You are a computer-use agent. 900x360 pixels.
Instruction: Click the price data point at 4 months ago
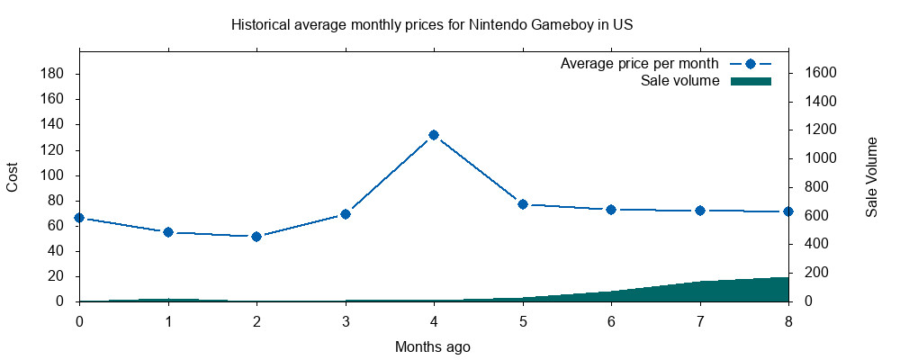pyautogui.click(x=434, y=135)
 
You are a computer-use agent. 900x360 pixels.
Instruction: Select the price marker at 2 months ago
pyautogui.click(x=256, y=237)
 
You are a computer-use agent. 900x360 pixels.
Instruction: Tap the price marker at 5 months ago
pyautogui.click(x=522, y=204)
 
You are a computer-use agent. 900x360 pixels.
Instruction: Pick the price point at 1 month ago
pyautogui.click(x=168, y=232)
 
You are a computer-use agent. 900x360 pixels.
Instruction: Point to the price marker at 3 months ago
pyautogui.click(x=345, y=214)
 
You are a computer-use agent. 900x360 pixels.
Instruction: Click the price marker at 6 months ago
pyautogui.click(x=611, y=210)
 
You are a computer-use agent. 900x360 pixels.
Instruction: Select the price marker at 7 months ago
pyautogui.click(x=699, y=211)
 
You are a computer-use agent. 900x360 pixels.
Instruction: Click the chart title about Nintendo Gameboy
pyautogui.click(x=432, y=24)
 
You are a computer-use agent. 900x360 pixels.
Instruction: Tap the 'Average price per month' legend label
pyautogui.click(x=639, y=64)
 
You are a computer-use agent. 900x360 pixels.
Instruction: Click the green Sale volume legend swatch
pyautogui.click(x=751, y=81)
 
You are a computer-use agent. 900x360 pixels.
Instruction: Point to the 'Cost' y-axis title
pyautogui.click(x=13, y=176)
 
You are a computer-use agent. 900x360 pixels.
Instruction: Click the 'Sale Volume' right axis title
pyautogui.click(x=871, y=176)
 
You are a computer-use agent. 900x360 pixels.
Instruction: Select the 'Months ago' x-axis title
pyautogui.click(x=432, y=346)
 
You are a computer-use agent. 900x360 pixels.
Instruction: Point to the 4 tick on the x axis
pyautogui.click(x=434, y=319)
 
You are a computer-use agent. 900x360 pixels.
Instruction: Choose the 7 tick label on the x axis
pyautogui.click(x=699, y=319)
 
